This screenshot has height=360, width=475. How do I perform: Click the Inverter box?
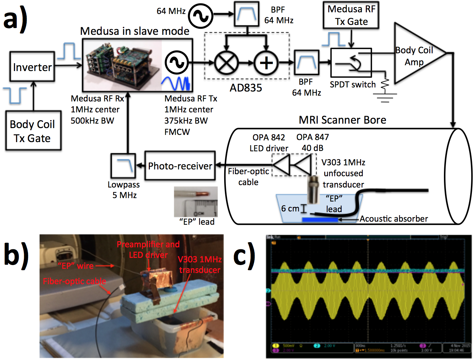click(x=32, y=67)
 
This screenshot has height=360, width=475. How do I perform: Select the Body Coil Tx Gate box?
click(x=33, y=131)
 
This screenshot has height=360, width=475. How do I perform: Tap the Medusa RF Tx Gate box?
click(x=351, y=15)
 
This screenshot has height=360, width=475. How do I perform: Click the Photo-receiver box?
click(x=180, y=166)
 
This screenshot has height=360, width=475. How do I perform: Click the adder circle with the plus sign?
click(x=266, y=63)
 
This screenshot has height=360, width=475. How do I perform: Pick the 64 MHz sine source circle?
click(x=201, y=16)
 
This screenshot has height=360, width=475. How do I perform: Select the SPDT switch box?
click(x=351, y=63)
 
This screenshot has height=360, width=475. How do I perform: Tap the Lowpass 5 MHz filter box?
click(x=123, y=166)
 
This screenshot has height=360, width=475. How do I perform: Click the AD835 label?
click(x=246, y=88)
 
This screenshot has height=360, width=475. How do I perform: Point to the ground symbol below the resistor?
click(x=385, y=97)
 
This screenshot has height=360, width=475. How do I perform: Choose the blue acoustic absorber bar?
click(x=320, y=220)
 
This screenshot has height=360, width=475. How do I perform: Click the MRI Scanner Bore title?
click(x=342, y=120)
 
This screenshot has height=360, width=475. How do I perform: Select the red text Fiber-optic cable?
click(x=74, y=281)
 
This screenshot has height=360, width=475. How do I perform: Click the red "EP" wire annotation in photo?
click(x=76, y=266)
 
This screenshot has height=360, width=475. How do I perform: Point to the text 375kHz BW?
click(x=186, y=121)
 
